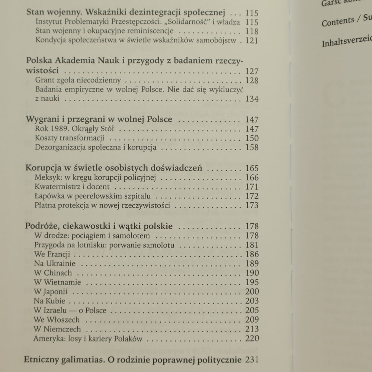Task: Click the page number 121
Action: pos(252,41)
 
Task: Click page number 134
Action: pos(252,99)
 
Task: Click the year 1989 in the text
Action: pos(57,129)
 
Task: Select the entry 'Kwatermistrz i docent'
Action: pos(72,187)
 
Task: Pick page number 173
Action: pos(252,205)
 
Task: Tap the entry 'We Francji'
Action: pos(52,254)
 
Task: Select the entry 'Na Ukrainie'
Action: pos(54,264)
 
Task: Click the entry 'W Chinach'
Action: pos(52,273)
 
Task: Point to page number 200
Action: pos(252,292)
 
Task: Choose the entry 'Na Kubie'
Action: pos(49,301)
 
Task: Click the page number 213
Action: pos(252,329)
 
